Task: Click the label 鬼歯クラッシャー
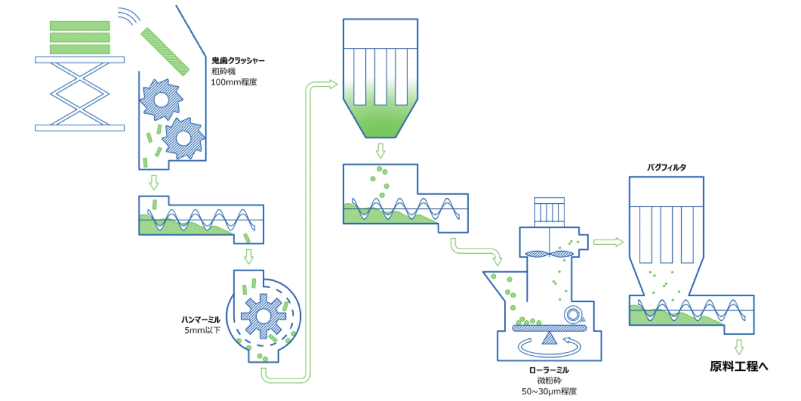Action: pos(238,61)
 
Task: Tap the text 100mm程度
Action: pos(234,82)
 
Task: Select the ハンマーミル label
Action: pos(201,320)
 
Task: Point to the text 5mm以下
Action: pos(202,330)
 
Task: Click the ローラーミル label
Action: pos(549,370)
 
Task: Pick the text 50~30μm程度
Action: pos(549,392)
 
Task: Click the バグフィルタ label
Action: pos(666,167)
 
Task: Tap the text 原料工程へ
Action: pos(738,366)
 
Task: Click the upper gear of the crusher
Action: pos(161,99)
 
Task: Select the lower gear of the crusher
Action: pos(183,138)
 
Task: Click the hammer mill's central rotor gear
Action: pos(263,316)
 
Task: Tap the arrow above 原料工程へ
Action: pos(738,347)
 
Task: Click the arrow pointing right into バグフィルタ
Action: pos(608,242)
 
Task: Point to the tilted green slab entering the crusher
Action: pos(165,52)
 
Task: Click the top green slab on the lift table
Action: pos(80,26)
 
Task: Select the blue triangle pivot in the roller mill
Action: pos(549,338)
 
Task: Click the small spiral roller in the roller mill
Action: pos(573,315)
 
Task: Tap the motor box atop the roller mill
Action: pos(549,212)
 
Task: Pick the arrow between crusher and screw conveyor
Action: pos(154,182)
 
